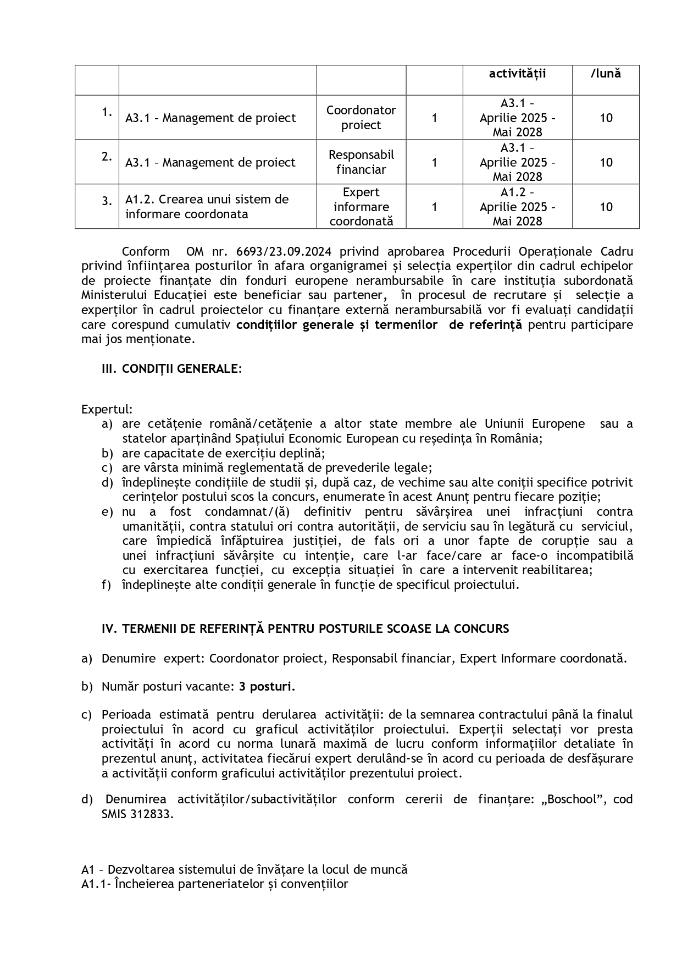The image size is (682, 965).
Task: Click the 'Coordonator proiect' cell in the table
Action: point(361,118)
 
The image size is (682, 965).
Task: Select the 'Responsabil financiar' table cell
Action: point(361,162)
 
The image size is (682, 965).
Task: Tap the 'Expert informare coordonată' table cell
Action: point(361,207)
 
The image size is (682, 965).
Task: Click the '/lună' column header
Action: point(606,73)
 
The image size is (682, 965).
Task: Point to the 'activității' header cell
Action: point(517,73)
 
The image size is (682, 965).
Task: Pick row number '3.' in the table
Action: point(107,201)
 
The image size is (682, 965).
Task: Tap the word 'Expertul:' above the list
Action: point(107,410)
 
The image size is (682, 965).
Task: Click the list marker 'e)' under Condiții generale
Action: point(107,512)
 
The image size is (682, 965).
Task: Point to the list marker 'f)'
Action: point(107,584)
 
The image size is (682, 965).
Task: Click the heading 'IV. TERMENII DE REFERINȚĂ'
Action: point(305,628)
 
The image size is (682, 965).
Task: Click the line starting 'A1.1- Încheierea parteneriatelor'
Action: point(215,884)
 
